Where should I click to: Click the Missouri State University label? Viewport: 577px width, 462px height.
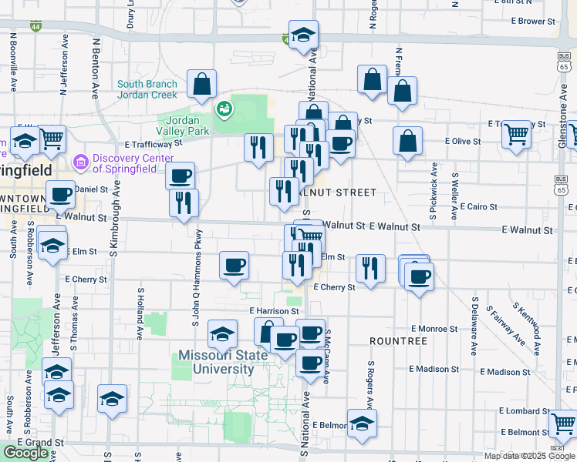[216, 362]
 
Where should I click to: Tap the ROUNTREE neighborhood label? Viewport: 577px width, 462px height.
[398, 340]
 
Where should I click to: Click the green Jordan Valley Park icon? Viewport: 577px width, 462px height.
[225, 109]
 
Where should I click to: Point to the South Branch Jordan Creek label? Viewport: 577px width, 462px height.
[147, 89]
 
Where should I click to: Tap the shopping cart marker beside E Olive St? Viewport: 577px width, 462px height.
[516, 134]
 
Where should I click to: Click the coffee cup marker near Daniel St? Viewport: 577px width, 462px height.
[61, 194]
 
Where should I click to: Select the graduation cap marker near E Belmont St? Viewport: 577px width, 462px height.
[361, 423]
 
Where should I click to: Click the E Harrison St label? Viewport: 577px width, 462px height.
[274, 311]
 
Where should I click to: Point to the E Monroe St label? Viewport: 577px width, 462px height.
[434, 329]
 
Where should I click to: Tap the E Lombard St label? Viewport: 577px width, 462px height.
[525, 412]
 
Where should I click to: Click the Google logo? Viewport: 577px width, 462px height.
[26, 453]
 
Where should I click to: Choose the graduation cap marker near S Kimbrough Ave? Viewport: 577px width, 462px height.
[113, 399]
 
